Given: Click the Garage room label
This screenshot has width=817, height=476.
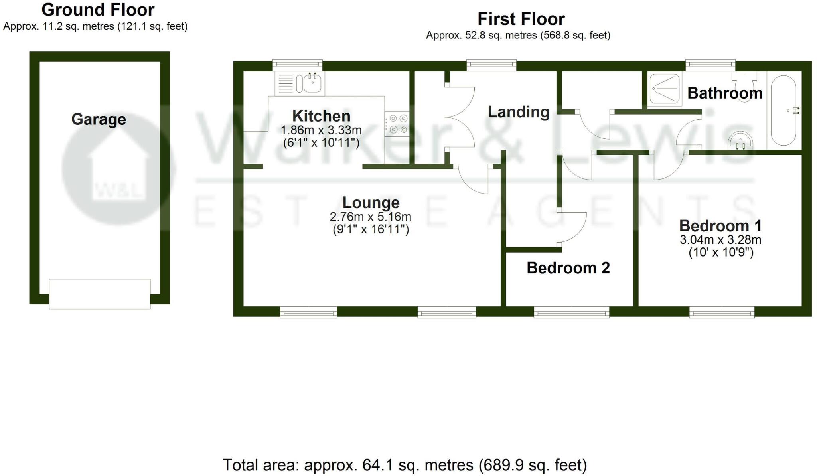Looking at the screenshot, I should (x=99, y=119).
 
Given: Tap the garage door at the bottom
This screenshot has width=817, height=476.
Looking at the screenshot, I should (x=100, y=294).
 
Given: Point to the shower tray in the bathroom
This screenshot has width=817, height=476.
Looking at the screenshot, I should (x=664, y=89).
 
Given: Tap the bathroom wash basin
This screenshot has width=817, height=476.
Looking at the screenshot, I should (x=740, y=141).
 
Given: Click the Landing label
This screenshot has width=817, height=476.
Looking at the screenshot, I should (x=519, y=112).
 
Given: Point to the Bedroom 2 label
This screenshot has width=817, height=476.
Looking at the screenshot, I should (x=568, y=268).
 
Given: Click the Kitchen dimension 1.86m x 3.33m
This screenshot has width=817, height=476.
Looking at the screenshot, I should (x=321, y=130).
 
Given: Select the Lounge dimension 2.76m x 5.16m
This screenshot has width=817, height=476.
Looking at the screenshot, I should (x=370, y=217).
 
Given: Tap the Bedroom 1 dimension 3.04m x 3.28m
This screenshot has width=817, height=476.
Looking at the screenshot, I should (x=720, y=240).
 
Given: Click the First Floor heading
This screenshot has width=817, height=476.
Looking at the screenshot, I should (x=521, y=19).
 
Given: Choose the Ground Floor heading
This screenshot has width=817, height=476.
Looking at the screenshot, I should (x=98, y=10).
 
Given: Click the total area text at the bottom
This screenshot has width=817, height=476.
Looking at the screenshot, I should (x=405, y=465).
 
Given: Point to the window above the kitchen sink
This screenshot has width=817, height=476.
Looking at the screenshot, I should (x=297, y=65).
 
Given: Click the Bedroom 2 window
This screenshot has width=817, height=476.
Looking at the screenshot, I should (x=571, y=312).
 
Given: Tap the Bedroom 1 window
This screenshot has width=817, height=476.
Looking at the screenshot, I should (x=722, y=312).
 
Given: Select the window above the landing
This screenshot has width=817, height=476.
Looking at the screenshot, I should (x=491, y=65).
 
